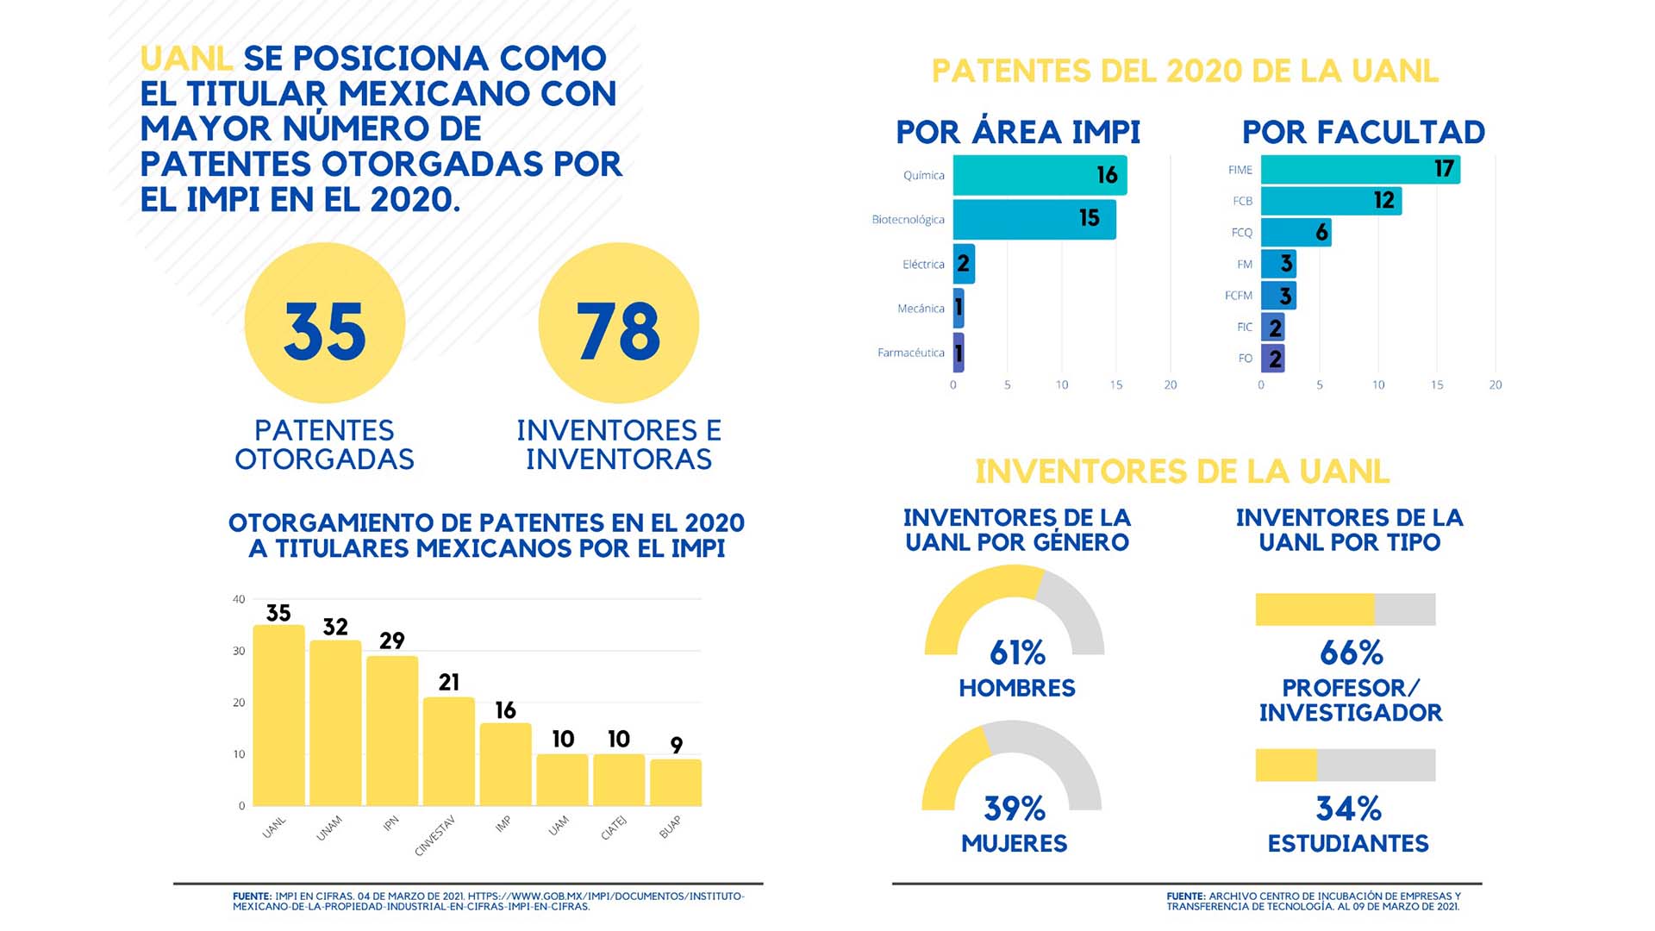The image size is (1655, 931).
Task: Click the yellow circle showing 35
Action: click(325, 323)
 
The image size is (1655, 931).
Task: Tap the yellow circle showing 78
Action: click(618, 323)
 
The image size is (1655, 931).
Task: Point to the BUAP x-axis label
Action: click(670, 827)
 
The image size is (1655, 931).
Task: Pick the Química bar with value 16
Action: click(1039, 175)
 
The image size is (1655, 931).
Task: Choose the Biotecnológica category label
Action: click(908, 220)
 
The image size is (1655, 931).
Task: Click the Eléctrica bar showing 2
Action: click(964, 264)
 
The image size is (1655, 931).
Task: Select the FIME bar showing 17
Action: click(1359, 169)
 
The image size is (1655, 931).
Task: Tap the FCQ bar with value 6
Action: click(1296, 232)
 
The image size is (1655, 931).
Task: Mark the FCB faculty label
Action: click(1242, 201)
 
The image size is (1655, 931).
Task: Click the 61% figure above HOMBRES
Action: click(1017, 653)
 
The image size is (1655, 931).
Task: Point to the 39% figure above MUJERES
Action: click(1015, 809)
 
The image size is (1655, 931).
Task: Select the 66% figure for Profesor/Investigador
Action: click(1351, 653)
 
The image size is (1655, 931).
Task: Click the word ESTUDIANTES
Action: click(1348, 843)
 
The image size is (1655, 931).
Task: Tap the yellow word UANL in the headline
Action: click(186, 59)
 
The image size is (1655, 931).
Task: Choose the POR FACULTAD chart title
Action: click(1363, 132)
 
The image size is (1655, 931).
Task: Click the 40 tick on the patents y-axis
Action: click(239, 599)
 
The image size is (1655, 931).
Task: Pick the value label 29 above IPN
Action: click(391, 640)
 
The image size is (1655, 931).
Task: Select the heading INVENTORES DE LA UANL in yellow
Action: click(1182, 472)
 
